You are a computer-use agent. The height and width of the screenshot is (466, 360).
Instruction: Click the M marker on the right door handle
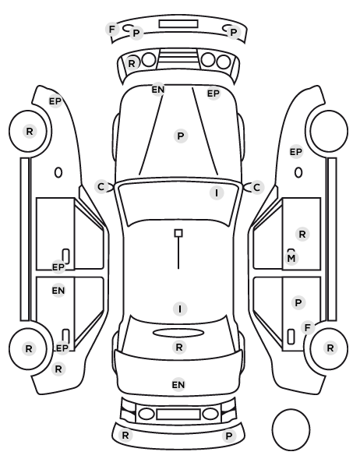[x=291, y=258]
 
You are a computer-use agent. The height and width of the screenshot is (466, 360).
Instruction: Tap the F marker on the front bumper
[x=112, y=30]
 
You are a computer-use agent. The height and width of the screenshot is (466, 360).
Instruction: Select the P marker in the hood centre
[x=181, y=136]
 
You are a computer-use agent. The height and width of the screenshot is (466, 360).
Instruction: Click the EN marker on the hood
[x=158, y=90]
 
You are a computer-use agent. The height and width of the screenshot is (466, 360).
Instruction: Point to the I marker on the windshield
[x=217, y=193]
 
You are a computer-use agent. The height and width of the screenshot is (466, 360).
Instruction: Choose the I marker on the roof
[x=180, y=309]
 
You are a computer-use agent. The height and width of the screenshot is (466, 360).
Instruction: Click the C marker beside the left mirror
[x=101, y=187]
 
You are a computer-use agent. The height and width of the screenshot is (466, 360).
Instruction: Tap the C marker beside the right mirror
[x=257, y=188]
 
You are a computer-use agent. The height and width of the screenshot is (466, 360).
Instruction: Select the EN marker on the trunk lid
[x=178, y=385]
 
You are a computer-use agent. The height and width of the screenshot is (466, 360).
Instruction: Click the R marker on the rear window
[x=179, y=347]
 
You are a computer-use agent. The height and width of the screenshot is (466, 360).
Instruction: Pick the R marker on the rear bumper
[x=125, y=436]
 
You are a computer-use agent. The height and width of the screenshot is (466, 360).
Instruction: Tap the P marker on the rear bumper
[x=228, y=436]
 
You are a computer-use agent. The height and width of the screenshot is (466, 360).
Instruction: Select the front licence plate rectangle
[x=178, y=24]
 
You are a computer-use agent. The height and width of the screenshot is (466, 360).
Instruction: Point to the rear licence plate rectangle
[x=178, y=415]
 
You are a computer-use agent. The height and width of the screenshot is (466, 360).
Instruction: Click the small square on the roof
[x=178, y=233]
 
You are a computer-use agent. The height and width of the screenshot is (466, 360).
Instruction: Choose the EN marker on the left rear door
[x=58, y=291]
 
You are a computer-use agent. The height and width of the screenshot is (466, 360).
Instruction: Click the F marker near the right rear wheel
[x=308, y=328]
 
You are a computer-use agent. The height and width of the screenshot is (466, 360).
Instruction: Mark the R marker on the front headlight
[x=132, y=63]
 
